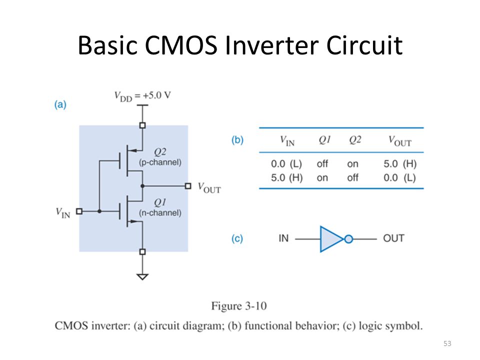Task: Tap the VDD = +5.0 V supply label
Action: click(x=142, y=96)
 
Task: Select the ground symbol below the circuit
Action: click(x=142, y=276)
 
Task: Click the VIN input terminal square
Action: click(x=79, y=211)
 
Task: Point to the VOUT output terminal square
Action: click(x=188, y=186)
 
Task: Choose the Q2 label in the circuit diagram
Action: click(x=160, y=152)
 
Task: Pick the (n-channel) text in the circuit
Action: click(x=160, y=213)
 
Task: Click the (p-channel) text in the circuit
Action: click(x=160, y=162)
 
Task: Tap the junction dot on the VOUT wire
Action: click(x=142, y=186)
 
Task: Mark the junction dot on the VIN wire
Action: click(x=99, y=211)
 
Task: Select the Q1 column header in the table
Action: click(x=324, y=140)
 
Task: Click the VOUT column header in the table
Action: click(x=400, y=141)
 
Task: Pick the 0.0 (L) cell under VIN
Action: click(x=286, y=164)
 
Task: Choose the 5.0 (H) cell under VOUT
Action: click(x=400, y=164)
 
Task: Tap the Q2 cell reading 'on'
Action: click(x=352, y=164)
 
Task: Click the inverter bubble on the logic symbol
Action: click(x=348, y=239)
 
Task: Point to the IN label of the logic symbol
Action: click(x=283, y=238)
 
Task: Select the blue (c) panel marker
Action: click(x=237, y=238)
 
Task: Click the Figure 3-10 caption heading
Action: click(x=239, y=306)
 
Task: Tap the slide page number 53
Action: click(x=447, y=343)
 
